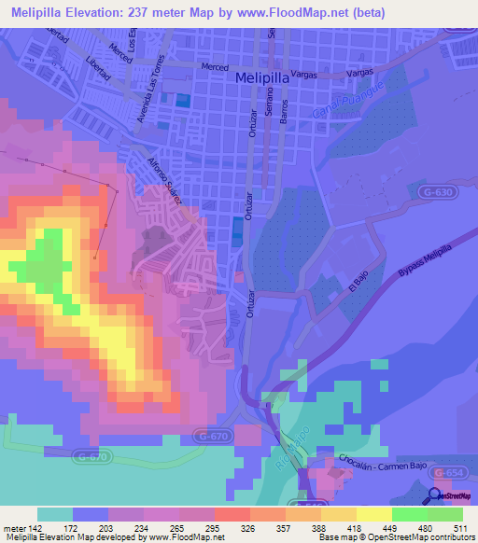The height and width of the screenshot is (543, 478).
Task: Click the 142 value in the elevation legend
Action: click(x=29, y=527)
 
